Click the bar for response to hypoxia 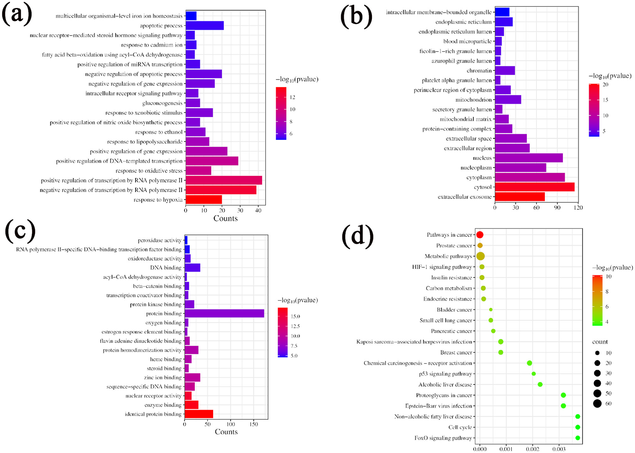[x=204, y=200]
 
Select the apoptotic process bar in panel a [x=204, y=26]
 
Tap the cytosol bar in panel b [x=534, y=187]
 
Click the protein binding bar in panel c [x=224, y=313]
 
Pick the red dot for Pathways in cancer [x=480, y=235]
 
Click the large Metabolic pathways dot [x=481, y=256]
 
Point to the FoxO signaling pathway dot [x=577, y=438]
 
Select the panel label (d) [x=357, y=237]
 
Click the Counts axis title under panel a [x=225, y=218]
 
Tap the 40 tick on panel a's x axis [x=258, y=210]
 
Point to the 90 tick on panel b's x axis [x=557, y=208]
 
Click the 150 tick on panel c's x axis [x=254, y=424]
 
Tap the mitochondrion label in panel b [x=473, y=100]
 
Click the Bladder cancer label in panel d [x=454, y=310]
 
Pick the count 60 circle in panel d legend [x=597, y=404]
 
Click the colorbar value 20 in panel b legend [x=605, y=85]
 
